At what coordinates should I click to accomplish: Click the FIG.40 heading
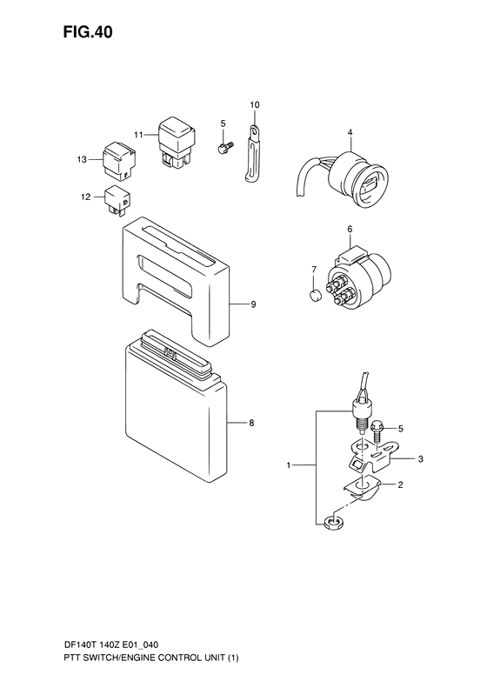[x=88, y=32]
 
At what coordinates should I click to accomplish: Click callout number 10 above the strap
[x=255, y=105]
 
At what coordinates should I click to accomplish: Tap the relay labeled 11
[x=177, y=143]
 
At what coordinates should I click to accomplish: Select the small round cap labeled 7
[x=315, y=296]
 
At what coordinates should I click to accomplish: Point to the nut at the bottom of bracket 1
[x=333, y=522]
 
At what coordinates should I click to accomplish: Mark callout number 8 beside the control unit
[x=251, y=423]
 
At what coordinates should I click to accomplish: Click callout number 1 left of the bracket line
[x=289, y=465]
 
